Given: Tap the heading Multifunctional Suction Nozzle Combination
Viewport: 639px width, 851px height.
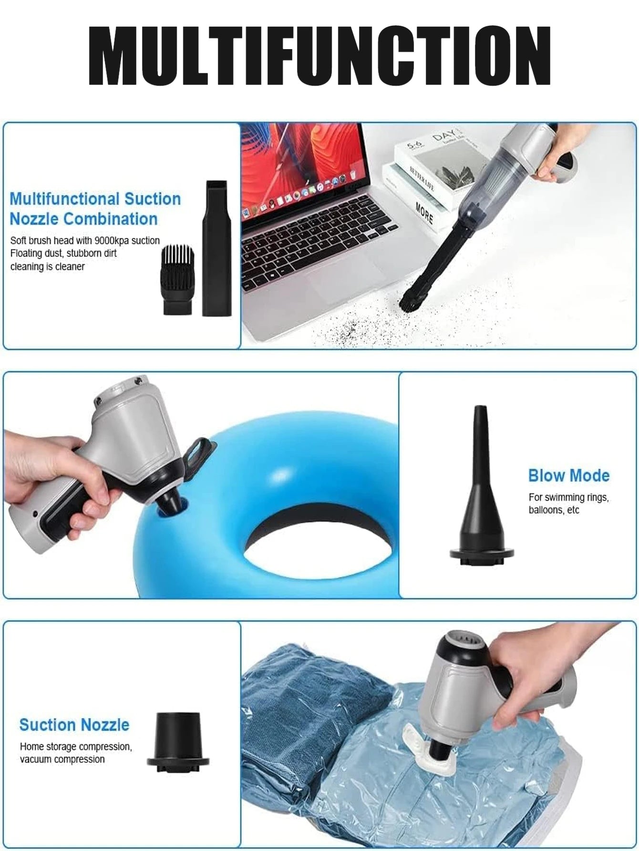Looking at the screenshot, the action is coord(95,209).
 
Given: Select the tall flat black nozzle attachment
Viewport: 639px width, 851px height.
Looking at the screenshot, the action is coord(217,248).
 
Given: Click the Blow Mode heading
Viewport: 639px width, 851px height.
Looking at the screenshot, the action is coord(569,475).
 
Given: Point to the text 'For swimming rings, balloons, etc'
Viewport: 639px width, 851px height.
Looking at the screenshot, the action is coord(568,503).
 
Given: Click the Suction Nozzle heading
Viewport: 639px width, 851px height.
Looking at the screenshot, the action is coord(74,725).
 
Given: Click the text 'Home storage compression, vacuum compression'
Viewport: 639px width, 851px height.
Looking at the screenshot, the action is coord(76,753).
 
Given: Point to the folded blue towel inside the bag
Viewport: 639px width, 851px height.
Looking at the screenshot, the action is coord(305,706).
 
